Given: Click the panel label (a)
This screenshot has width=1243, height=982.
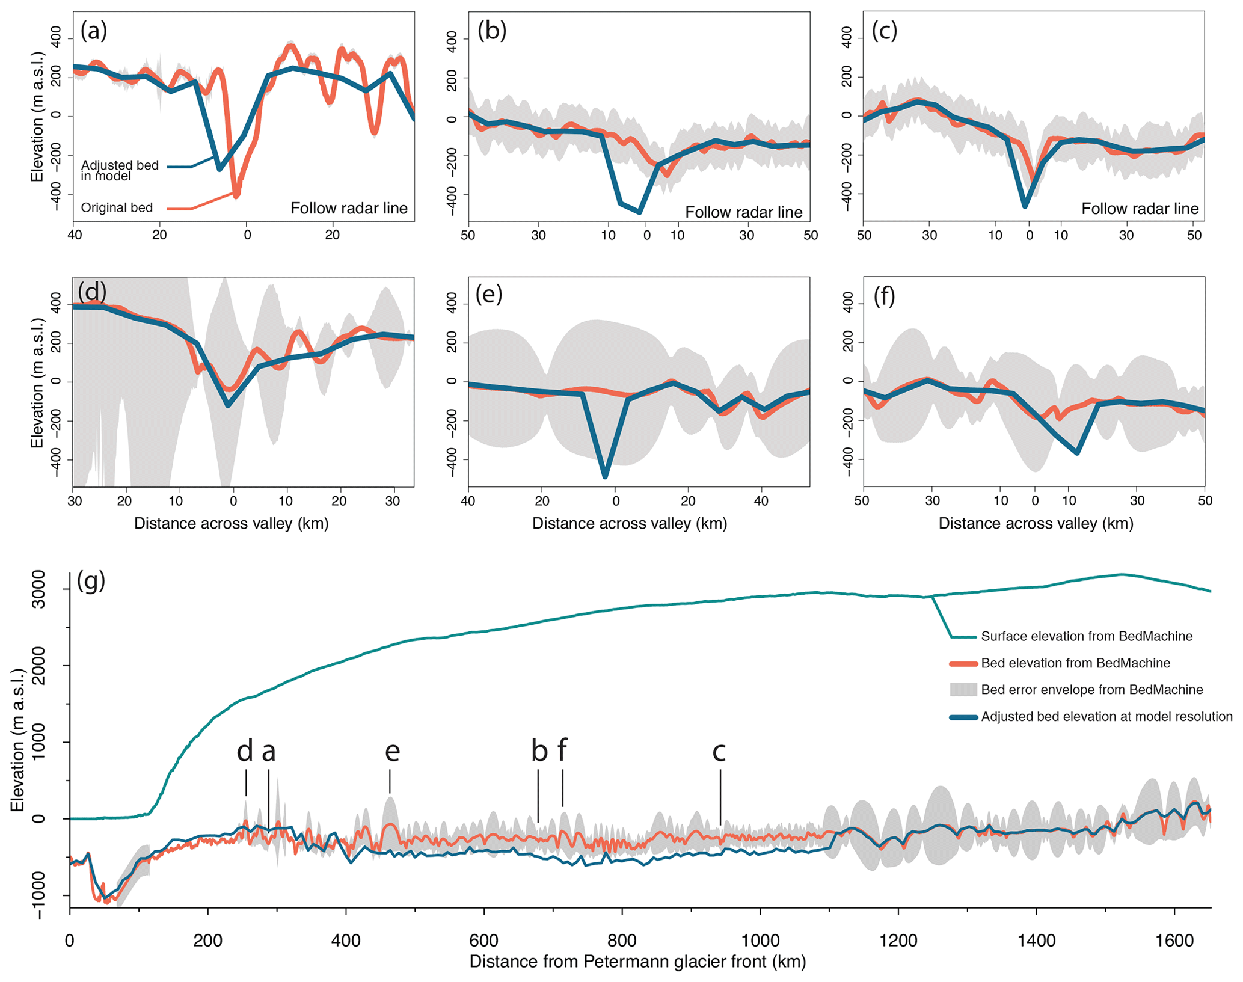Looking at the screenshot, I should tap(94, 30).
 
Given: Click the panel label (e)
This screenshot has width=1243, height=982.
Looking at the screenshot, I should tap(488, 295).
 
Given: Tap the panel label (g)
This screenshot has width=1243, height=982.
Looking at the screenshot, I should tap(91, 581).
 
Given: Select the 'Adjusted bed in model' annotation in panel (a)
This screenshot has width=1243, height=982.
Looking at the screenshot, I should tap(120, 170).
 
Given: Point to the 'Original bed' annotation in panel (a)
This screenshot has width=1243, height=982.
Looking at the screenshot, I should tap(117, 208).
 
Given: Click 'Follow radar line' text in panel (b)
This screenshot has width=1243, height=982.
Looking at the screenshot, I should tap(743, 212).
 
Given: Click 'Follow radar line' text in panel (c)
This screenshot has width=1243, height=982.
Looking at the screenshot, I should tap(1140, 209).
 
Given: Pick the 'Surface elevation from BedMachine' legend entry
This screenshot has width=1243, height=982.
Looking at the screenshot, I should tap(1086, 636).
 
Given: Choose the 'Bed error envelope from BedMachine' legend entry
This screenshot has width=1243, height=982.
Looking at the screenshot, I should tap(1091, 690).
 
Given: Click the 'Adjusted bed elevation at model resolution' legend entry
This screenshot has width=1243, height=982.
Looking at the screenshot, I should tap(1106, 717).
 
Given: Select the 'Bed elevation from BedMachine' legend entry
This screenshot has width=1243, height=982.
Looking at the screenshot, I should tap(1075, 663).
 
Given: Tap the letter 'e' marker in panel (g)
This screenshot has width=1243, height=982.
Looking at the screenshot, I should tap(392, 752).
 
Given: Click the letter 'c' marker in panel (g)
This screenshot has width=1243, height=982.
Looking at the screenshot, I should tap(719, 752).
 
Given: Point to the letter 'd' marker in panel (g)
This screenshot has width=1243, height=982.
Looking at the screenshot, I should tap(245, 752).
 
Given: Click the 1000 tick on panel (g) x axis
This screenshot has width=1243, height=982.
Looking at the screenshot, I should tap(760, 941).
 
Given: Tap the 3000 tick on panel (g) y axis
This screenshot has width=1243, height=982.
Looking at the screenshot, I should tap(38, 590).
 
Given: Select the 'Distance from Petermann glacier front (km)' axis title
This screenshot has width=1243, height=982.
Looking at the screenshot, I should tap(637, 962).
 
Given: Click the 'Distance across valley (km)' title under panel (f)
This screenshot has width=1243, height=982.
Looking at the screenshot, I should tap(1036, 523).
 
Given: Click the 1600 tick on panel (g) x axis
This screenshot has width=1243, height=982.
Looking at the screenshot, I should tap(1174, 941).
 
